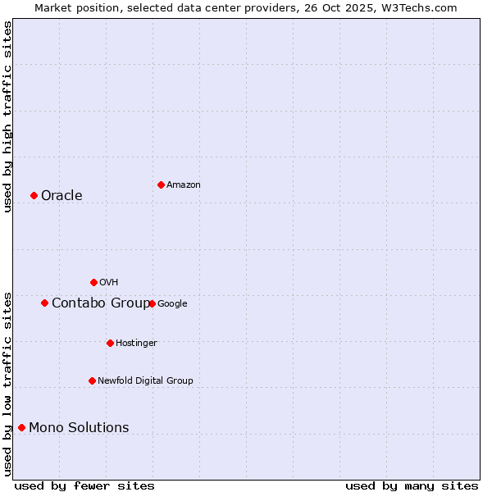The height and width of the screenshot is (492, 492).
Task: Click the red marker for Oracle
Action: point(34,195)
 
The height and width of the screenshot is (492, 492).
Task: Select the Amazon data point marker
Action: point(161,184)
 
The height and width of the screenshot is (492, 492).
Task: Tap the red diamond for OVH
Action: point(93,282)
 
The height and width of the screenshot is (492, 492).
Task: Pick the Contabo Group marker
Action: point(44,303)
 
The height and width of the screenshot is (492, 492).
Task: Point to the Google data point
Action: point(152,303)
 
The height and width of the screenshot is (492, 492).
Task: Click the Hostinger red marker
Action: point(110,343)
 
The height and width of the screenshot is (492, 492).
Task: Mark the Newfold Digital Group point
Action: point(92,380)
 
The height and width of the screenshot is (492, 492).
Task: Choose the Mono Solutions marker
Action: point(21,427)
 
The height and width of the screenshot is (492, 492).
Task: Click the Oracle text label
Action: point(61,195)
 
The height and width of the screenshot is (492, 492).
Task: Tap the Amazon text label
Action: point(183,184)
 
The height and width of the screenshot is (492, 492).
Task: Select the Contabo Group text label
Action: point(100,303)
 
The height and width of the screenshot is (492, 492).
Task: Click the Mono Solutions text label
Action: point(79,427)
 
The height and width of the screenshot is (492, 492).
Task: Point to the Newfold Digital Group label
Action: point(145,380)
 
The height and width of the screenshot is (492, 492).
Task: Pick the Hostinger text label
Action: point(136,343)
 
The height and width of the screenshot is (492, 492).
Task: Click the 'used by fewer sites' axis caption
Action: point(84,485)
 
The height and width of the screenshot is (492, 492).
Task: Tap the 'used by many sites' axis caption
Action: point(412,485)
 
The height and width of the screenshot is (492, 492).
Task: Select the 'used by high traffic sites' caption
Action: point(7,116)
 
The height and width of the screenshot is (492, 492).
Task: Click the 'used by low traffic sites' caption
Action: point(7,383)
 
